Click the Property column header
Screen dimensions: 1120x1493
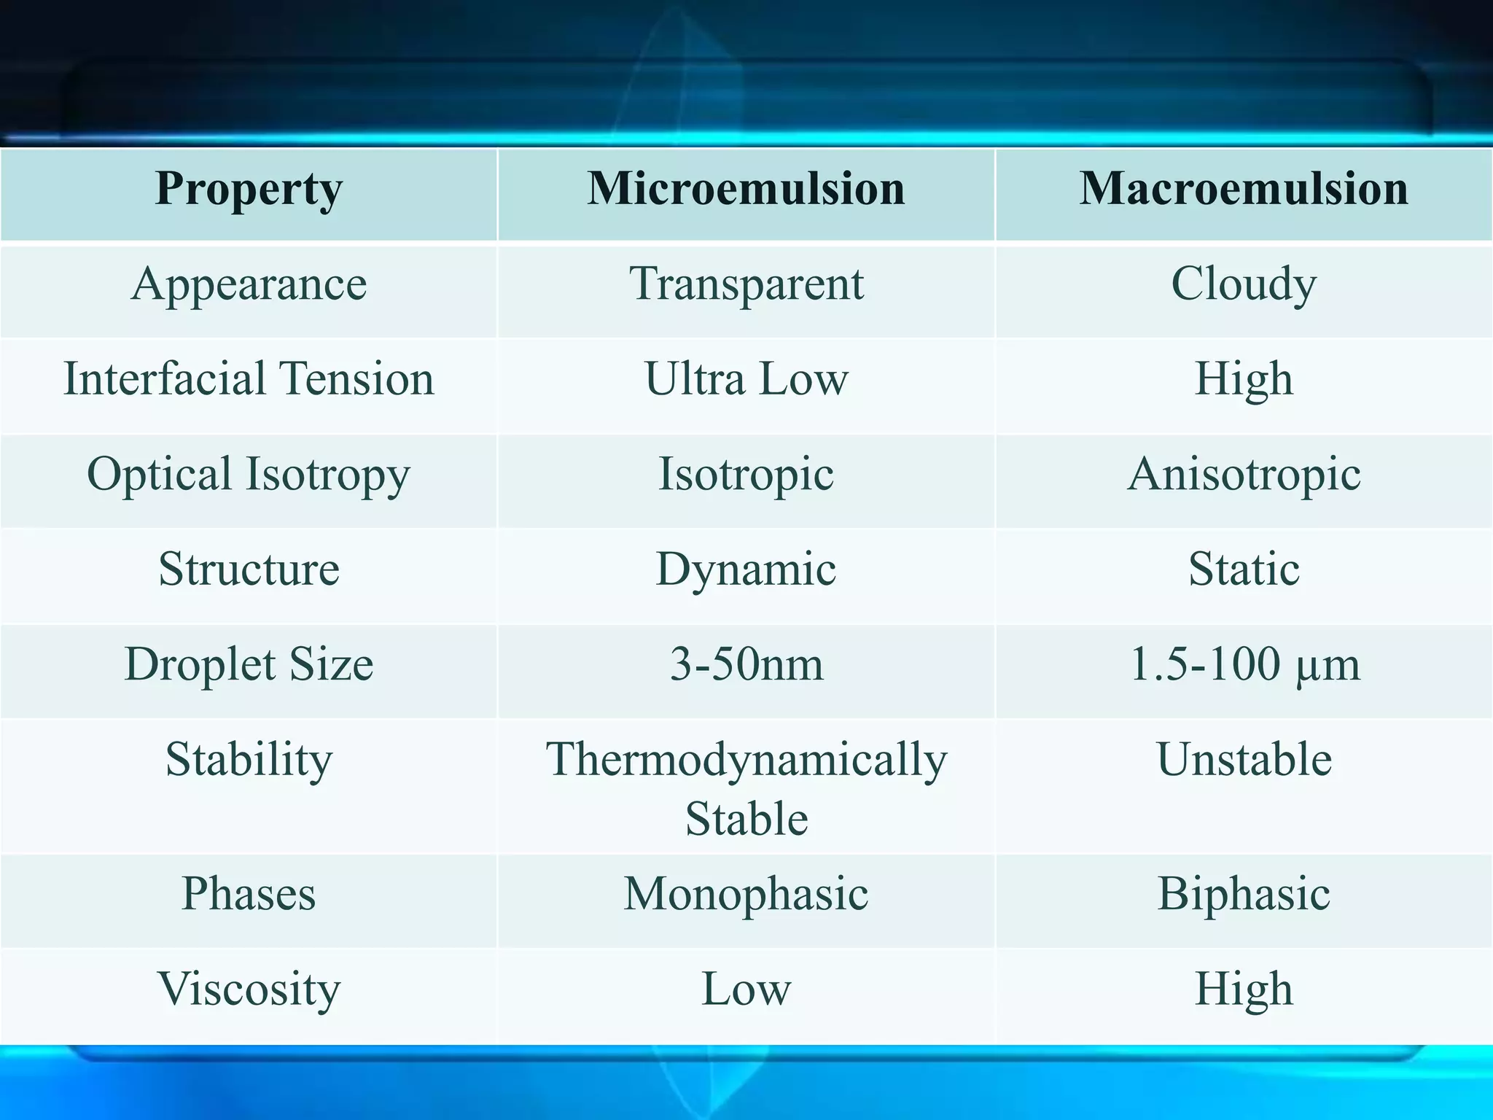(x=249, y=190)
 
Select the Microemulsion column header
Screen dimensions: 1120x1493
(x=746, y=190)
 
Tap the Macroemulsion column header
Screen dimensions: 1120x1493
(x=1244, y=190)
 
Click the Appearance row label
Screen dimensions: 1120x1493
(x=249, y=284)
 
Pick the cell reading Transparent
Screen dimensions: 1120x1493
(x=746, y=284)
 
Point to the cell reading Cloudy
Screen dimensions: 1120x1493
(x=1244, y=284)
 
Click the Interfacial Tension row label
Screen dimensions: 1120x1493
(x=249, y=379)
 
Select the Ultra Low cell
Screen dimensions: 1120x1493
(x=746, y=379)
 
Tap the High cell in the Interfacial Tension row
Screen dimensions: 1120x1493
(x=1244, y=379)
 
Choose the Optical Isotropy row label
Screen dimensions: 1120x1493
(x=249, y=475)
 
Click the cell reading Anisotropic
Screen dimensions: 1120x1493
(x=1244, y=475)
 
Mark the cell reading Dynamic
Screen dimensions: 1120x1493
(x=746, y=569)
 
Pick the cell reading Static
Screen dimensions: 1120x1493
(x=1244, y=569)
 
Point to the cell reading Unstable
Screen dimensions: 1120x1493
(x=1244, y=760)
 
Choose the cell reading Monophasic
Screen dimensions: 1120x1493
(x=746, y=894)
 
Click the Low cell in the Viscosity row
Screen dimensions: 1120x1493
(x=746, y=989)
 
